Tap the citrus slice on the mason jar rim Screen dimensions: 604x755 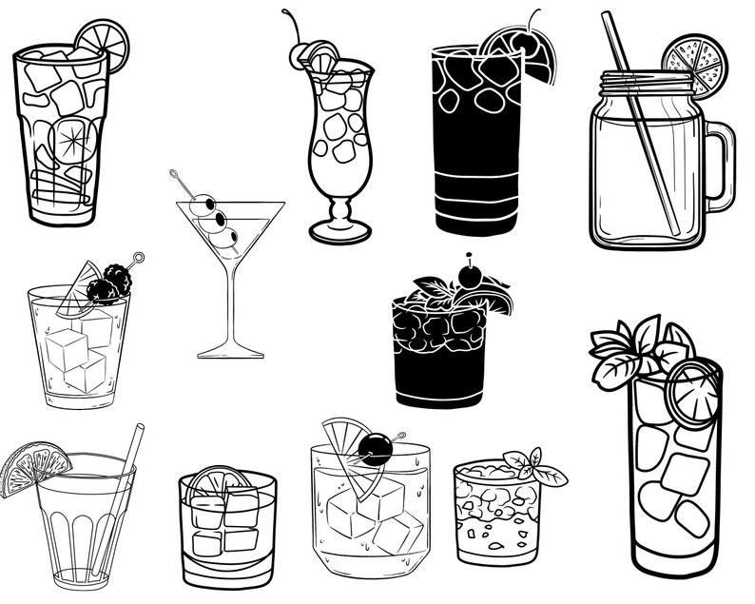[x=692, y=64]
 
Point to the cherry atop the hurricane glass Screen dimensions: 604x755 [x=300, y=54]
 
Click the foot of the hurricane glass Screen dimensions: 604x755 [x=339, y=231]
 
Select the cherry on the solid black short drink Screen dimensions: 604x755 [x=470, y=277]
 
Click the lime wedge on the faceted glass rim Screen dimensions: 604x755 [x=32, y=466]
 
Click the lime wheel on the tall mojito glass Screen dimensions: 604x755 [x=691, y=391]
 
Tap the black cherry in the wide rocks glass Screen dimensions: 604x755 [x=376, y=449]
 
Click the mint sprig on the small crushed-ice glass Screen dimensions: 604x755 [x=534, y=465]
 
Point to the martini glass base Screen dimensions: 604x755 [x=230, y=353]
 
